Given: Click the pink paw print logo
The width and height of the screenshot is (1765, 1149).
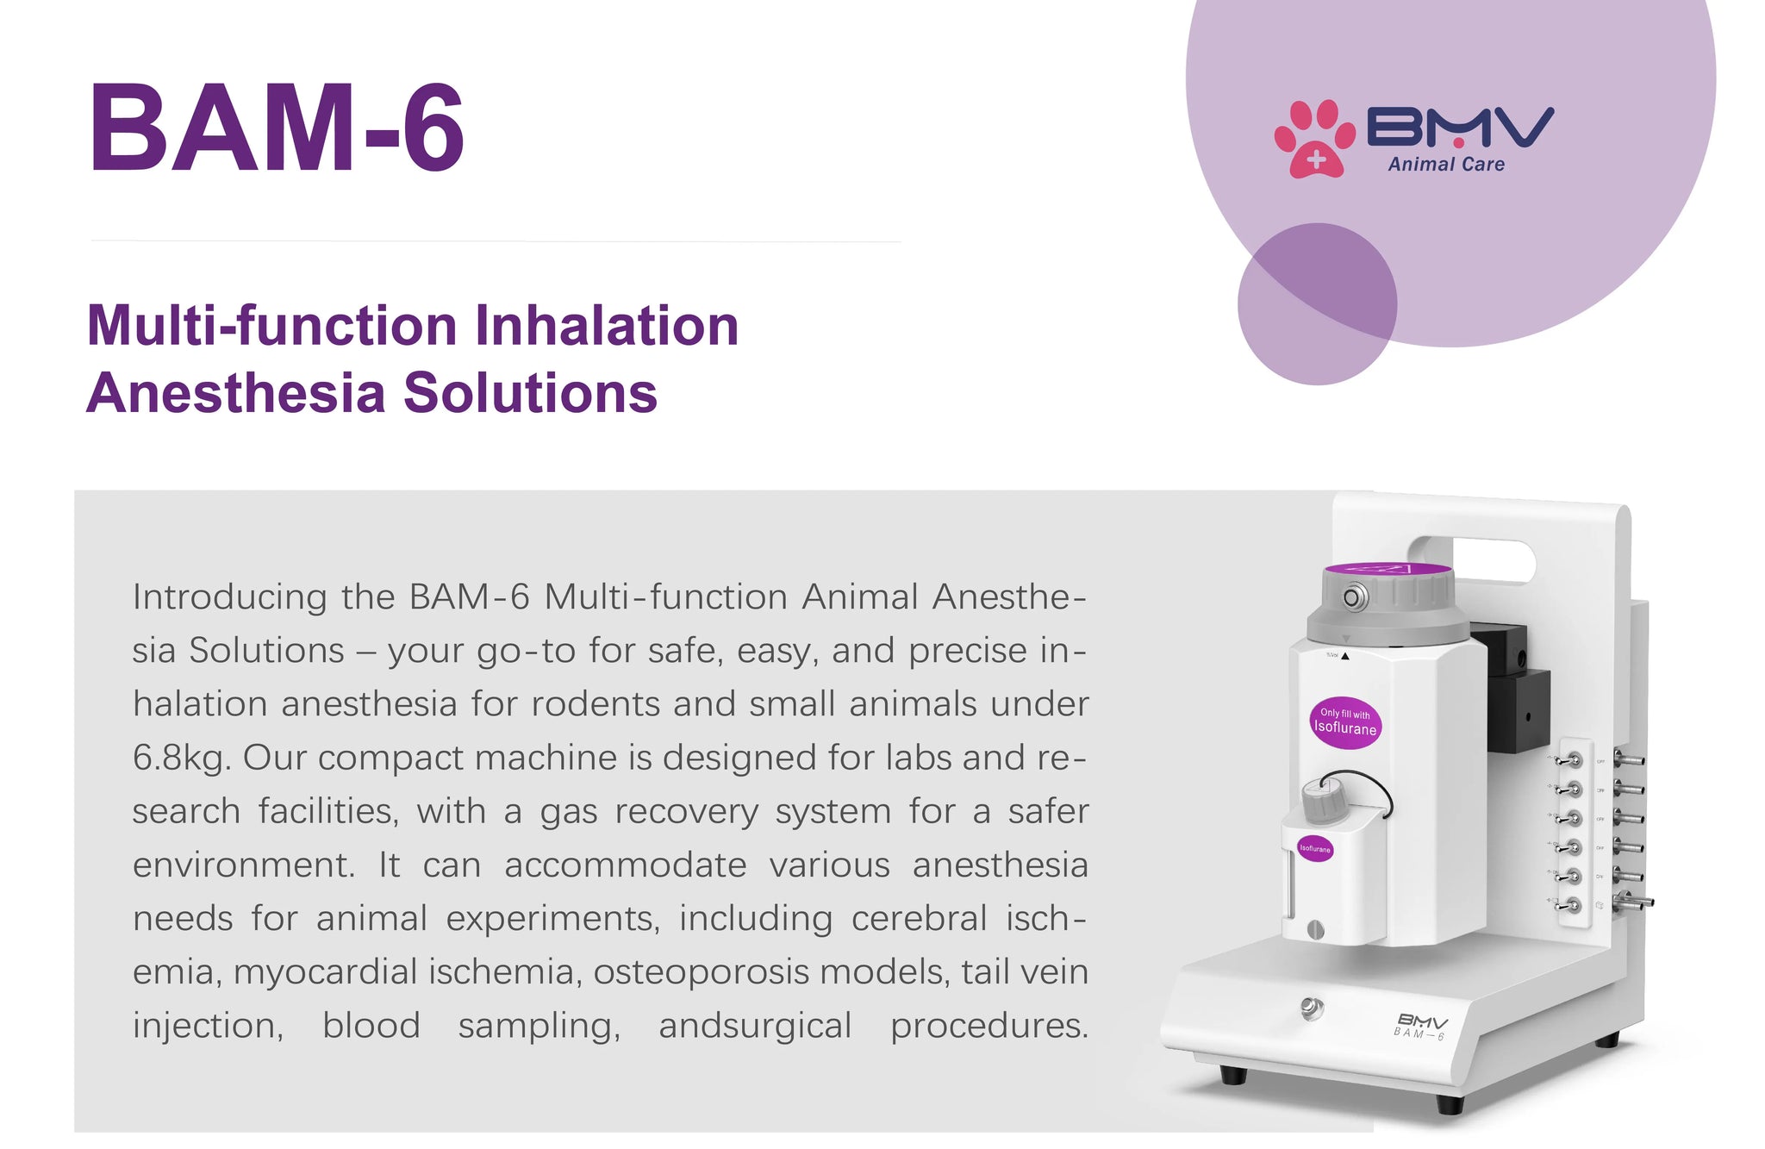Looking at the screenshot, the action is (1313, 139).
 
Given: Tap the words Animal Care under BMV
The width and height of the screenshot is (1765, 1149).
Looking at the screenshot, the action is (1446, 164).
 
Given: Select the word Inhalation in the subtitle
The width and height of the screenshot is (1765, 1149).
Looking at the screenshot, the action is (607, 326).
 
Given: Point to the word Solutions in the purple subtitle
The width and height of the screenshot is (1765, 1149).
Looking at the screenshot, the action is (530, 393).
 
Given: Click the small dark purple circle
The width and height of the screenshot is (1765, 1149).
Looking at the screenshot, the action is (1317, 303).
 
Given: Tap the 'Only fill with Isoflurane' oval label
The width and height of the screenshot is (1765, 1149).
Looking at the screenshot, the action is (1344, 722).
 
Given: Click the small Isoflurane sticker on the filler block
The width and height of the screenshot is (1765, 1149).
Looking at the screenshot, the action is (1315, 848).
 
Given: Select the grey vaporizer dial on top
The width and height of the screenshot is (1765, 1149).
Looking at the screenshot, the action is (1388, 603).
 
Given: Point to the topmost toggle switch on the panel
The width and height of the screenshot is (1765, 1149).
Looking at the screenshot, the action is (1569, 759).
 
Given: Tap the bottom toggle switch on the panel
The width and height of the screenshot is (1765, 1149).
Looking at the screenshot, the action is (1569, 904).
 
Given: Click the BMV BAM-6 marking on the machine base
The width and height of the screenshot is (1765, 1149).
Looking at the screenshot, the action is (1421, 1026).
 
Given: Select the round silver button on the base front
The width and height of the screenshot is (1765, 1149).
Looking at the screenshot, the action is (1312, 1007).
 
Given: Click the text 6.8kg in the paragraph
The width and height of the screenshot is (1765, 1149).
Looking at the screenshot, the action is (181, 758).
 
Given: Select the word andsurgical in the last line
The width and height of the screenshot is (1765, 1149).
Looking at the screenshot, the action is (755, 1026).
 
